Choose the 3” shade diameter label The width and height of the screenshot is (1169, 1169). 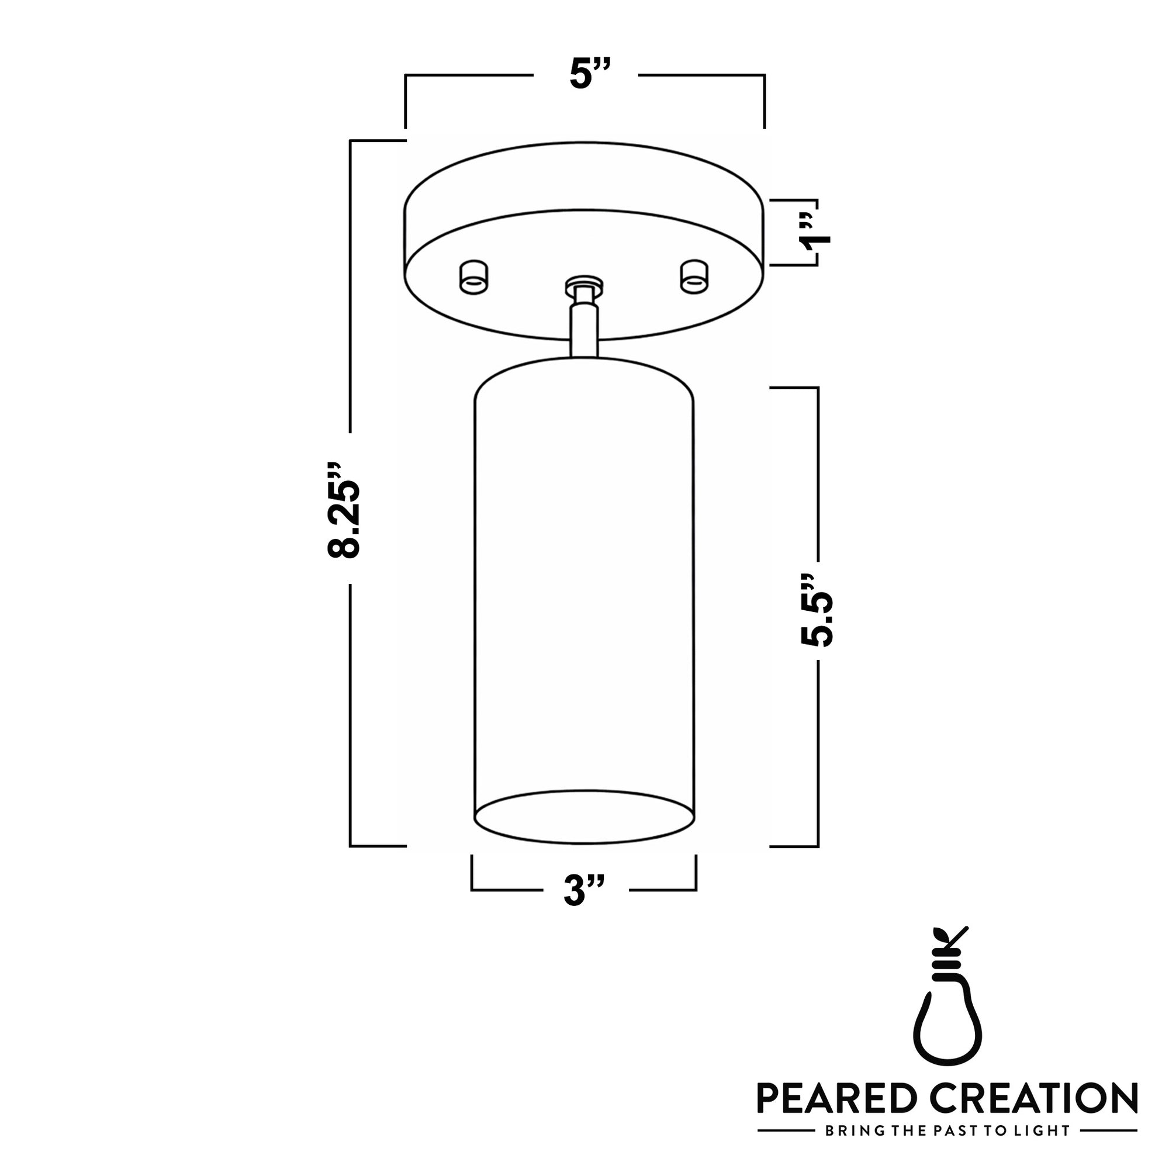(x=583, y=890)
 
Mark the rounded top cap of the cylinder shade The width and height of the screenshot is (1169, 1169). (x=584, y=378)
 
